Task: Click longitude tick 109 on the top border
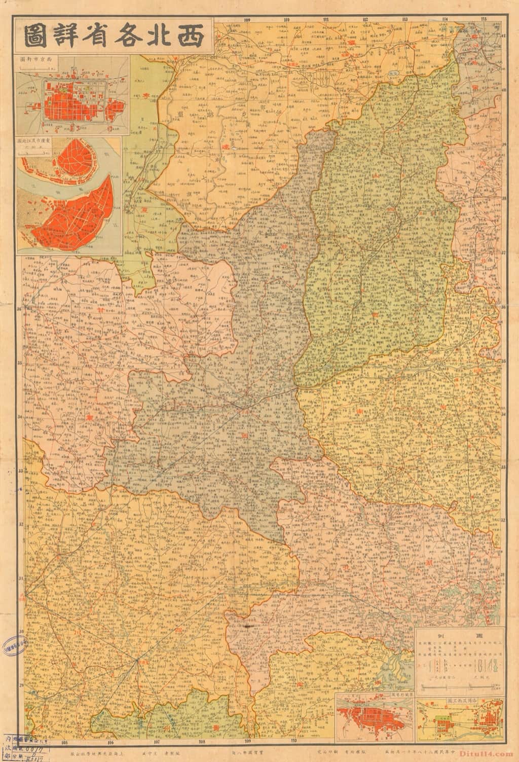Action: (247, 19)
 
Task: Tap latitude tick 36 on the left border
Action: (19, 308)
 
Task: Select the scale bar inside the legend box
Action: (459, 686)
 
